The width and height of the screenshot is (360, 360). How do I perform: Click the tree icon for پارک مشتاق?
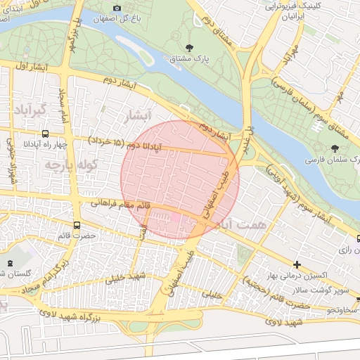189,48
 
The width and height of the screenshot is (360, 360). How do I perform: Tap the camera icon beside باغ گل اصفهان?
117,7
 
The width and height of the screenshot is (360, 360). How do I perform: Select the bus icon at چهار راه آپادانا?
46,134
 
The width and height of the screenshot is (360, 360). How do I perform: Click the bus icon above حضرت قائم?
77,226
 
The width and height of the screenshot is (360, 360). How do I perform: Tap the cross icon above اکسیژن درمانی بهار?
297,264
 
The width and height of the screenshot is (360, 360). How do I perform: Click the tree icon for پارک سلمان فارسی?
334,148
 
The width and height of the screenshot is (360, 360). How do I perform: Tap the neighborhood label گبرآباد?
30,110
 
